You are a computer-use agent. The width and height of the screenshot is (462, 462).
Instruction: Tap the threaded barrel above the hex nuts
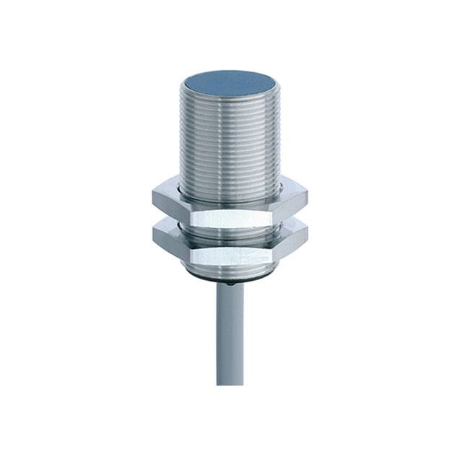point(230,137)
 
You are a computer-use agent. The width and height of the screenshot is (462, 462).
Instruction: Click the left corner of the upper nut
point(153,197)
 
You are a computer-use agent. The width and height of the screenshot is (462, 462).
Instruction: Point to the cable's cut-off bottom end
point(230,382)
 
